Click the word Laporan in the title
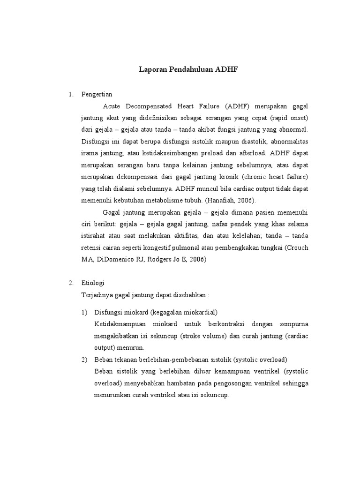pos(152,69)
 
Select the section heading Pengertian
pos(97,94)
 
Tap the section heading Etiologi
pos(93,283)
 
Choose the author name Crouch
pos(298,247)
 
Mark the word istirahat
pos(95,235)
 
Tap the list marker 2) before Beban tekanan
pos(84,360)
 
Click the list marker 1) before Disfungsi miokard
pos(84,312)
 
